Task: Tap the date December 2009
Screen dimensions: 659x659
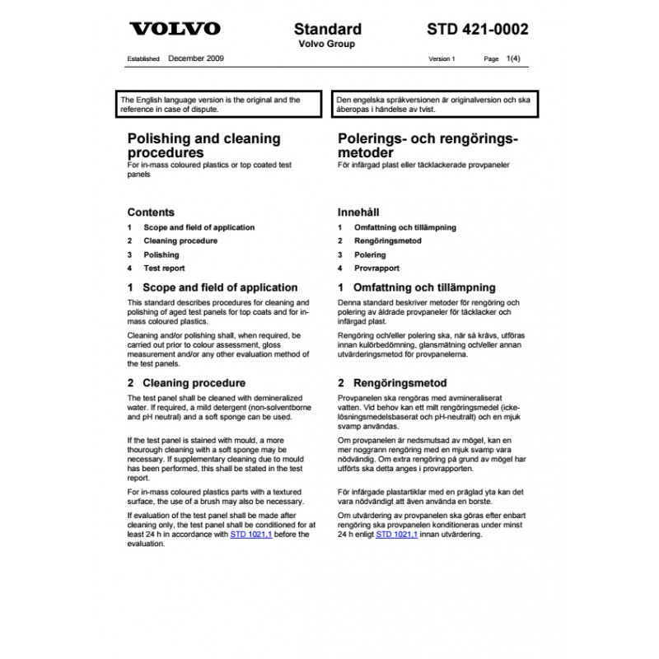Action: click(196, 59)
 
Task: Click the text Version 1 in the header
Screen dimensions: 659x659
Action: click(442, 60)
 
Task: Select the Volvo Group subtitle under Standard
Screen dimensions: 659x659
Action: click(327, 44)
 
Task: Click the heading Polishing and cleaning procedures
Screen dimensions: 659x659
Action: click(203, 146)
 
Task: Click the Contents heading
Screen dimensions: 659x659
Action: click(150, 212)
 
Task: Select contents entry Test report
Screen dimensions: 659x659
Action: click(164, 269)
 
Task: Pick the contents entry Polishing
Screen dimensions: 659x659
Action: click(161, 255)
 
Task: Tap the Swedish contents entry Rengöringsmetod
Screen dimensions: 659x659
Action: click(387, 241)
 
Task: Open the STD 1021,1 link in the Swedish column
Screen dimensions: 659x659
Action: click(396, 535)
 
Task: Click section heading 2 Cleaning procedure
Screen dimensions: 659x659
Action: click(186, 383)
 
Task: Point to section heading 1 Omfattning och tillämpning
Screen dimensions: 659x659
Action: click(417, 287)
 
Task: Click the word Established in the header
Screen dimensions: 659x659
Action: click(143, 60)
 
